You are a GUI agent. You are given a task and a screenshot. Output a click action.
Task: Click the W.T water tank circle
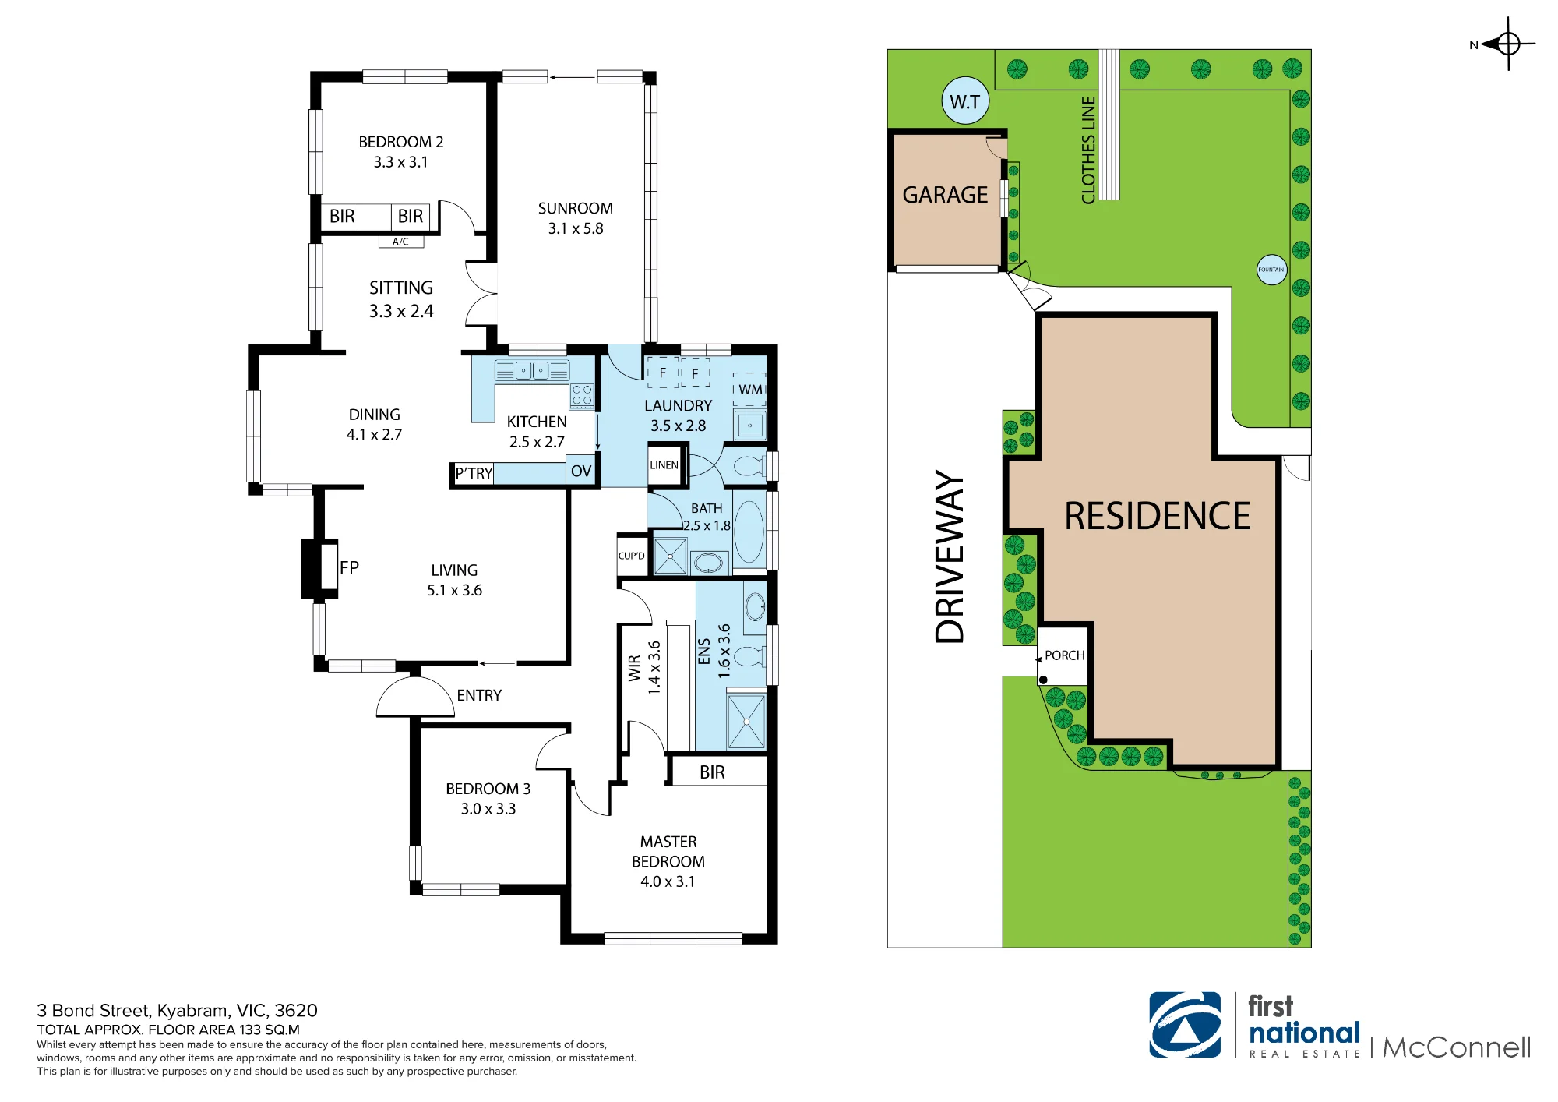965,101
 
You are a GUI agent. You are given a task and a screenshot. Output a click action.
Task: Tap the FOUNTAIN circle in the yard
1271,270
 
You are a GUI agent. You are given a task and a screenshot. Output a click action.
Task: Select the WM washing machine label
750,390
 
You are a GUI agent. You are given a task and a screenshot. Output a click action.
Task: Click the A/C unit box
401,242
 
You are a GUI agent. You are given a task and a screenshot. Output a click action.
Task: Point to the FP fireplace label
349,568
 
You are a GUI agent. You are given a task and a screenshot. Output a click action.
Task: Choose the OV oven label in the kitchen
581,472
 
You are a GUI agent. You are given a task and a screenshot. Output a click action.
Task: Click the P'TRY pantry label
474,473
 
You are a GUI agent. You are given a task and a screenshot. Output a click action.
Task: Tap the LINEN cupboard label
664,465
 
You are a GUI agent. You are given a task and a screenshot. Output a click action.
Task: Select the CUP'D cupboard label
631,556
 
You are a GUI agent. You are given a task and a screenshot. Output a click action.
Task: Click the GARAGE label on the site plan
945,195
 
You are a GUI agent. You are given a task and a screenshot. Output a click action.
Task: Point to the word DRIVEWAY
950,556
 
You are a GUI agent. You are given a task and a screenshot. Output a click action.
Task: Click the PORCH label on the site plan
1064,655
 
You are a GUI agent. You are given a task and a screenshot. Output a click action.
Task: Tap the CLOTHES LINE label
1088,150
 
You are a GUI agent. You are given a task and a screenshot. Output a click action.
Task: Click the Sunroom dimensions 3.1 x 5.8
576,228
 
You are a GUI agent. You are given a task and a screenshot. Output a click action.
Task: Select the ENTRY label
479,695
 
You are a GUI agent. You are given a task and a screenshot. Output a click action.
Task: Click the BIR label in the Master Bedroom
712,772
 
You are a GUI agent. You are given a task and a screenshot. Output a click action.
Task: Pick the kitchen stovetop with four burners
582,396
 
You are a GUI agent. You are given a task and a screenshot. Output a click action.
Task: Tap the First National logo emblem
1185,1025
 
